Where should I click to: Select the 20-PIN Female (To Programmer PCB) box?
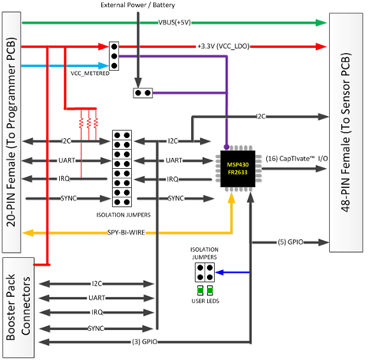coord(10,130)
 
